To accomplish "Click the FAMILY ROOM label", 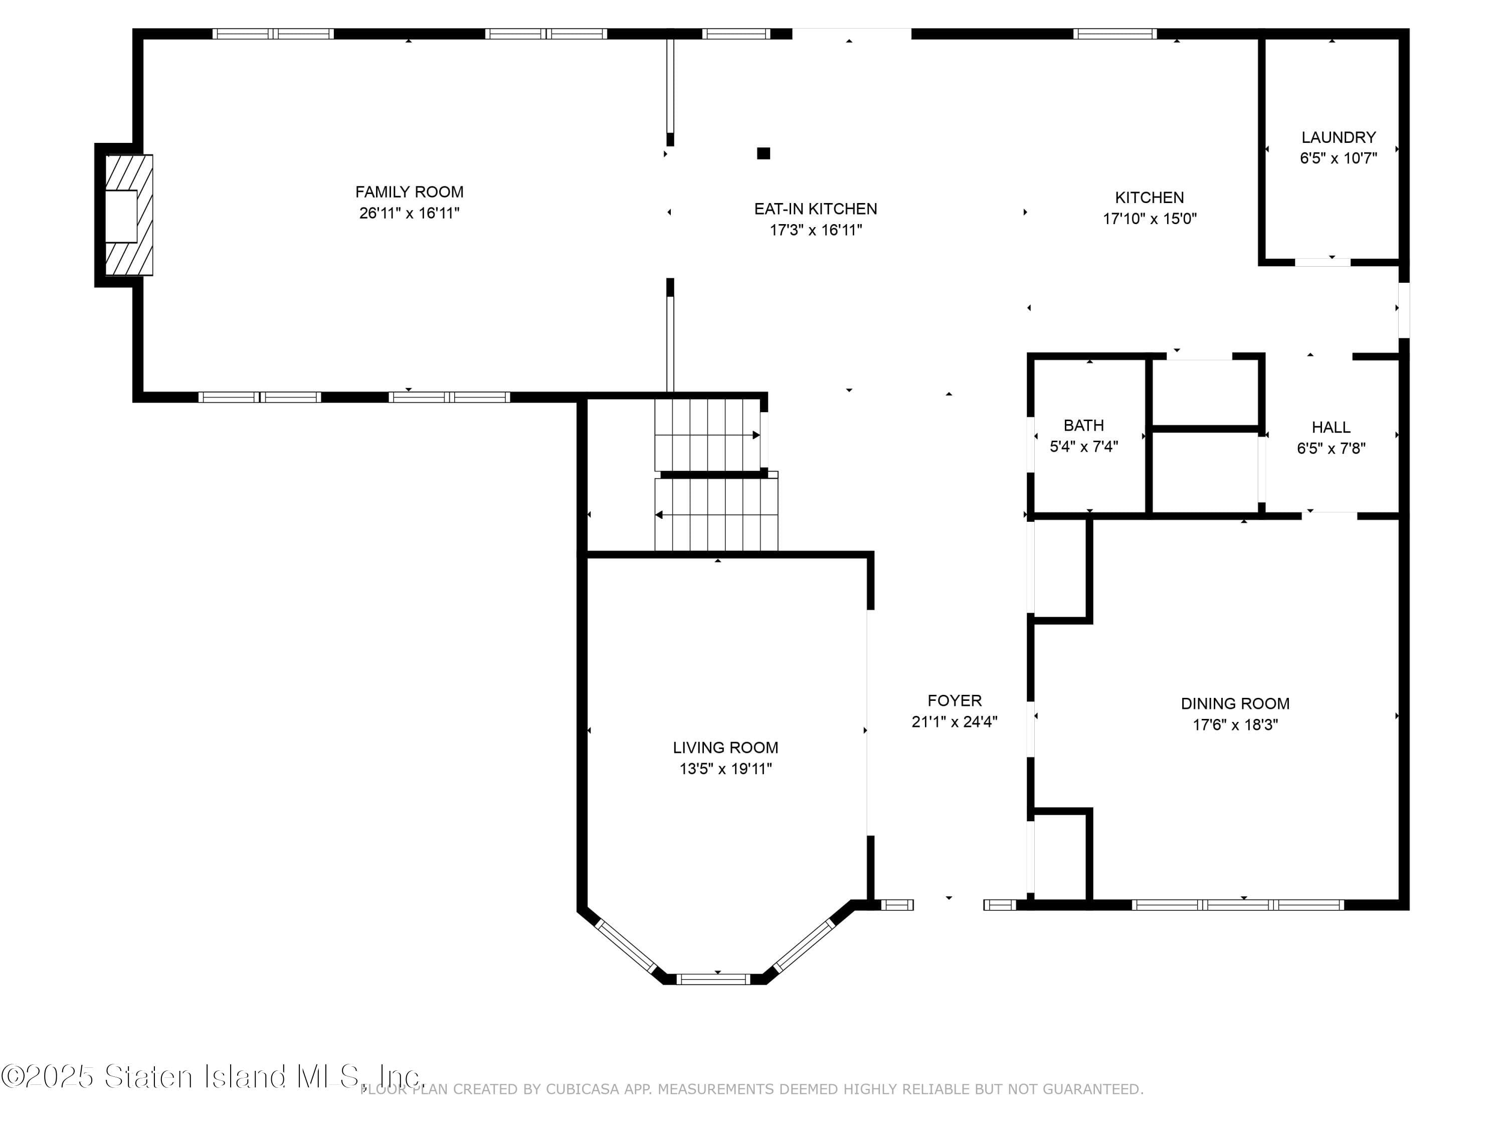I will tap(409, 192).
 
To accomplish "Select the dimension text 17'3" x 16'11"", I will tap(815, 230).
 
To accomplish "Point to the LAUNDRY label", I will tap(1338, 137).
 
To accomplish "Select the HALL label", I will tap(1331, 428).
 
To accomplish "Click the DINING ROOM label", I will tap(1235, 704).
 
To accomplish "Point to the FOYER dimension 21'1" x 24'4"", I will tap(954, 722).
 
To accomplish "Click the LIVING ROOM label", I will tap(725, 748).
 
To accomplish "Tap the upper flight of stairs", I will tap(707, 435).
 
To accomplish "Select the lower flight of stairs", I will tap(716, 515).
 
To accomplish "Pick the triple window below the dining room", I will tap(1237, 905).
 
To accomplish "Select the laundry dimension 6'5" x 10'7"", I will tap(1338, 158).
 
